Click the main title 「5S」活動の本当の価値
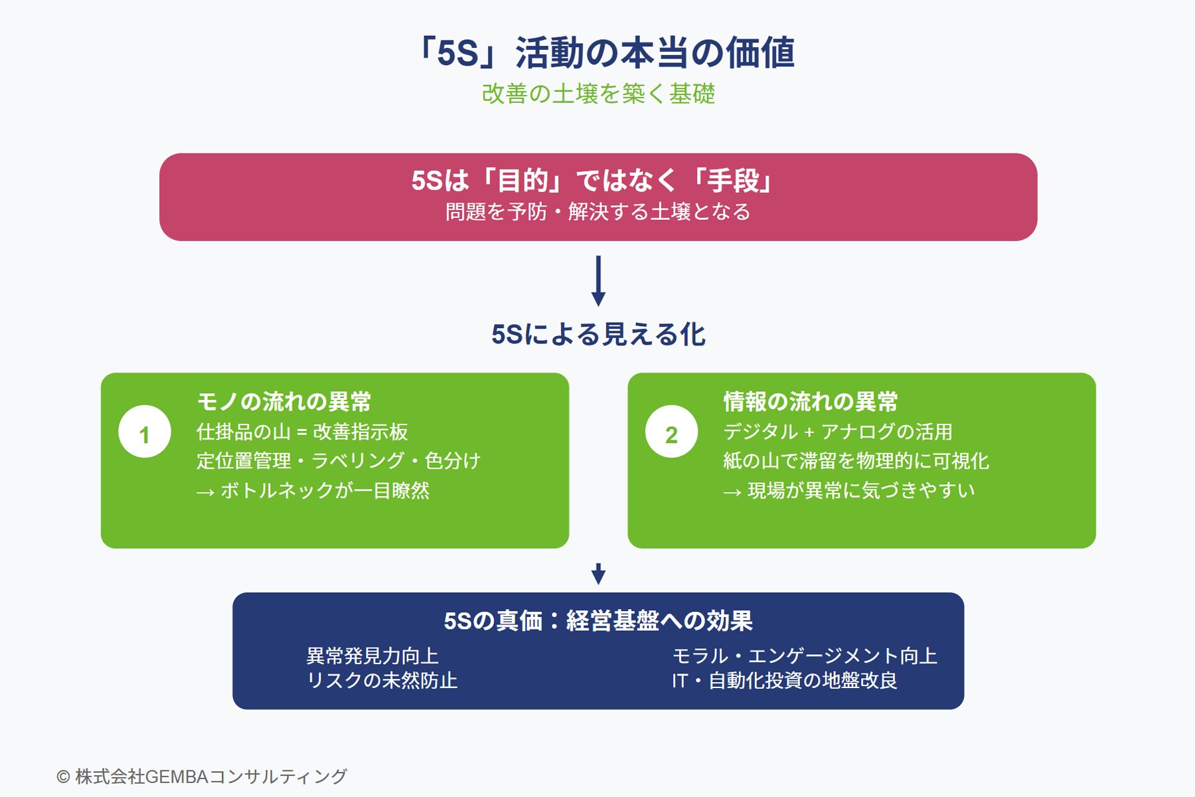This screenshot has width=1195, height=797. coord(604,52)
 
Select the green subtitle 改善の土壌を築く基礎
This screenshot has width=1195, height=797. coord(598,94)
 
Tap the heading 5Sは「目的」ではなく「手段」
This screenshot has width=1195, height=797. coord(592,180)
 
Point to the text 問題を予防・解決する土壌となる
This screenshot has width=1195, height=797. coord(597,212)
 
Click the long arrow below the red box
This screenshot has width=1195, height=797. coord(598,281)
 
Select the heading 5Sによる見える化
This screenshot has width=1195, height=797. coord(598,334)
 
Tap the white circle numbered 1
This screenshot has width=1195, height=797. coord(145,432)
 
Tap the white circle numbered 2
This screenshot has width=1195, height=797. coord(671,432)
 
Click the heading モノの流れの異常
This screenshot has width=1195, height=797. coord(284,402)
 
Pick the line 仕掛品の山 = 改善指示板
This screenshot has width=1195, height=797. coord(302,432)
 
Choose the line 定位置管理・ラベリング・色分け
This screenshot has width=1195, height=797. coord(338,460)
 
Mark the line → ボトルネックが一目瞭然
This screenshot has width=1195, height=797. coord(313,490)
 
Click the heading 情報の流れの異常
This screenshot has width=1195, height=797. coord(811,402)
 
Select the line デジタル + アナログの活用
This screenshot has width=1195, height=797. coord(838,432)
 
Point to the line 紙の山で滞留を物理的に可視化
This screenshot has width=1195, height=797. coord(856,460)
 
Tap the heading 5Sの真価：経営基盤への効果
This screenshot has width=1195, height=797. coord(598,621)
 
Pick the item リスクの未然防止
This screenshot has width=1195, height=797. coord(382,680)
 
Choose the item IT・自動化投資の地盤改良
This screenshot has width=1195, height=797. coord(784,680)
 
